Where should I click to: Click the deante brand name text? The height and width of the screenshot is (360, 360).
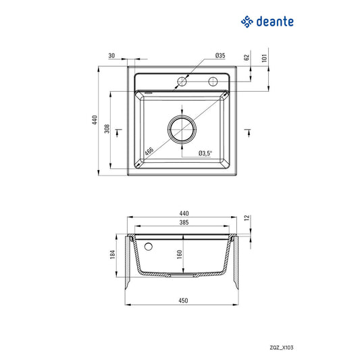click(275, 22)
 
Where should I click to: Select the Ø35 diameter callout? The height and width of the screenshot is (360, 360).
click(220, 55)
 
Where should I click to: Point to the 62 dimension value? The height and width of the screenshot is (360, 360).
click(248, 58)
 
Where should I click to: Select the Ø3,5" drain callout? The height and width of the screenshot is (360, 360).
click(205, 154)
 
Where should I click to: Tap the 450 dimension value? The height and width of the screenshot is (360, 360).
click(182, 300)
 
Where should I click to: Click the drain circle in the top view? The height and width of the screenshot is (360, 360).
click(182, 130)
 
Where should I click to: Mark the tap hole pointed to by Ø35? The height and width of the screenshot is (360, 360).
click(182, 82)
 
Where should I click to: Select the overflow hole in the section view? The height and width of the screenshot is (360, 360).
click(149, 245)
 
